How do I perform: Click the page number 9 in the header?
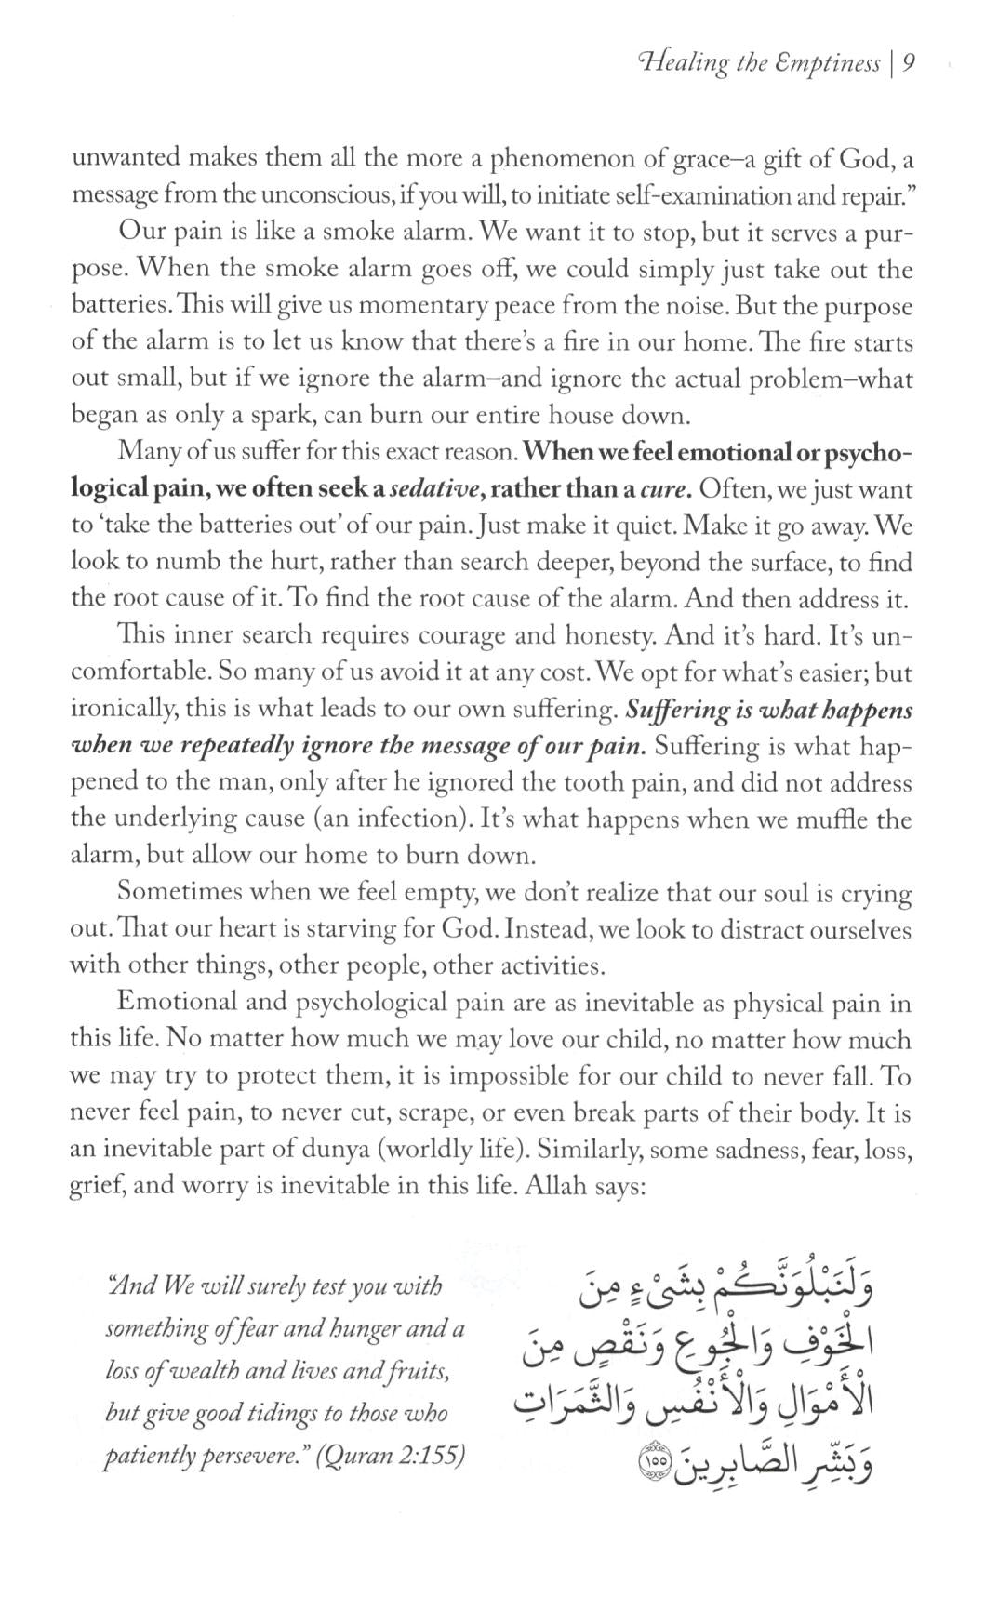point(911,63)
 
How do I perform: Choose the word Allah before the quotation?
point(555,1186)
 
